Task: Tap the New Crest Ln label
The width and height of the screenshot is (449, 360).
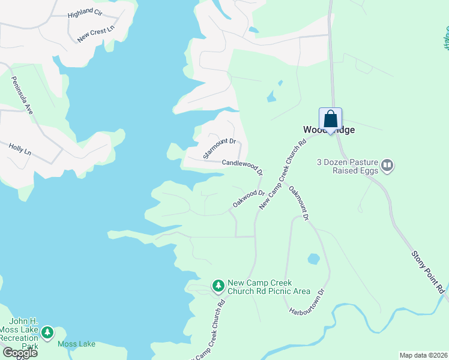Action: coord(95,35)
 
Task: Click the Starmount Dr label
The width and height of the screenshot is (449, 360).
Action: coord(220,149)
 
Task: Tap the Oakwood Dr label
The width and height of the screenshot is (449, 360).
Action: coord(249,199)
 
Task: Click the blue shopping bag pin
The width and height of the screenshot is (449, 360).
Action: coord(330,119)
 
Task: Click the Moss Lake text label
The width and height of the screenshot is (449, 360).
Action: coord(76,344)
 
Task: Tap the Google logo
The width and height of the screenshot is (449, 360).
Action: coord(19,352)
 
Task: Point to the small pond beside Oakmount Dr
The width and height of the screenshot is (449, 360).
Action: coord(313,259)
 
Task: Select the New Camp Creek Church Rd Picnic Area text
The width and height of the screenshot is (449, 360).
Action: coord(269,287)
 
